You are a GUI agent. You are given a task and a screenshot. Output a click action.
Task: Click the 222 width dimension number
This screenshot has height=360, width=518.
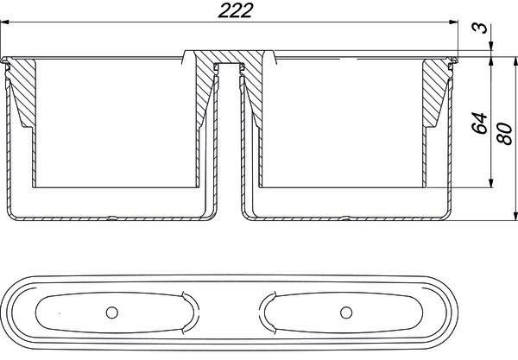click(235, 10)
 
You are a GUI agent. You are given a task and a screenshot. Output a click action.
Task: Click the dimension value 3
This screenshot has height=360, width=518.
click(480, 28)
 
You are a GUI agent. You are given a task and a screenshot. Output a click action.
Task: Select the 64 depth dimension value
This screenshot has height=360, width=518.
click(480, 123)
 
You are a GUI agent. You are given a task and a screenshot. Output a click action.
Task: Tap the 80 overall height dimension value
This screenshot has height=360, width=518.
click(504, 134)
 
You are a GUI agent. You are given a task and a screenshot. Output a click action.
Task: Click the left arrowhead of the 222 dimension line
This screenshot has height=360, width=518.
click(4, 22)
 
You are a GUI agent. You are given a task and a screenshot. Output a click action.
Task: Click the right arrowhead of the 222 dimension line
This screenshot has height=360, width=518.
click(453, 22)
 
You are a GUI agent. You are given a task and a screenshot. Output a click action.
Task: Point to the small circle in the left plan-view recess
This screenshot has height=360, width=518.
click(112, 313)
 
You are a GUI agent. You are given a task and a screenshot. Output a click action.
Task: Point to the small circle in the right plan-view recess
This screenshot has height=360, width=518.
click(346, 313)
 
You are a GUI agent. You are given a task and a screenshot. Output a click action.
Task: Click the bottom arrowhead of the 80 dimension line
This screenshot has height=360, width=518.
click(515, 216)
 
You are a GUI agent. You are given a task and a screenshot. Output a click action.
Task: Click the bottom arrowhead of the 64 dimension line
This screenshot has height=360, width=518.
click(491, 183)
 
